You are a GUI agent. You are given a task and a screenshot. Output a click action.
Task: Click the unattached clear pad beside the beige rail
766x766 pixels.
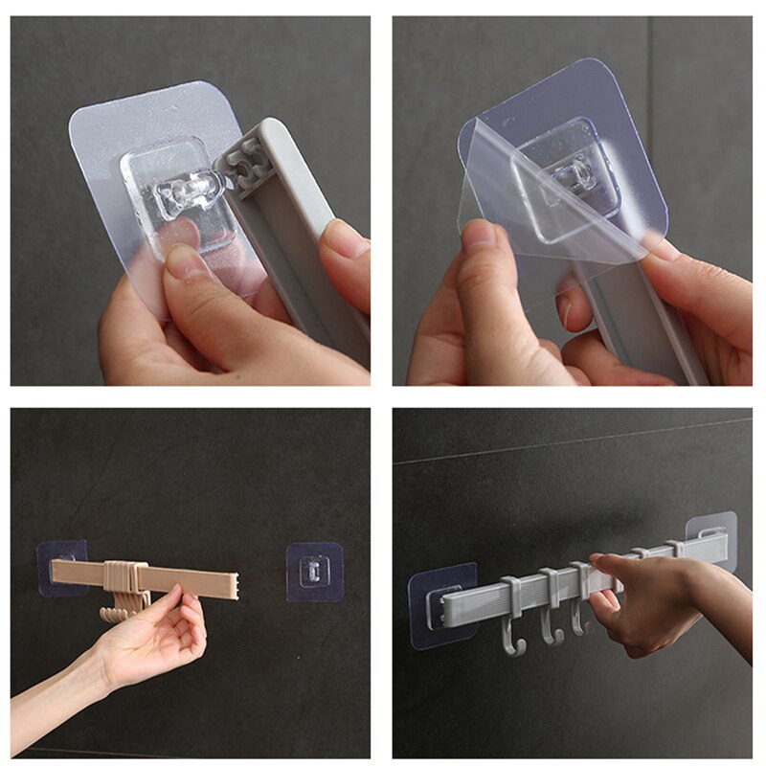pos(314,572)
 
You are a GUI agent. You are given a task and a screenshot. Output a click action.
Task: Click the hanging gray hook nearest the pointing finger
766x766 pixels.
pos(578,618)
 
